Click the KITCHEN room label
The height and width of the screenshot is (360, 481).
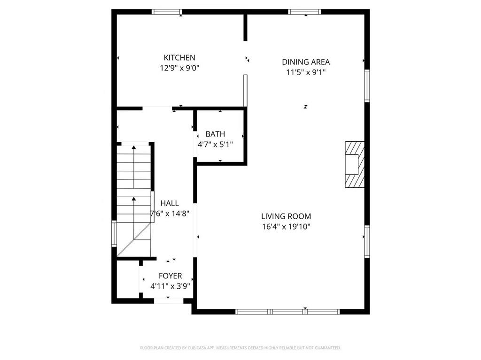coord(179,58)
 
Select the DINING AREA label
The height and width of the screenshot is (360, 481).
coord(306,62)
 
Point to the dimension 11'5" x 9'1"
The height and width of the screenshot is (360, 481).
coord(306,72)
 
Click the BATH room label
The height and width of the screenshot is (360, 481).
coord(215,134)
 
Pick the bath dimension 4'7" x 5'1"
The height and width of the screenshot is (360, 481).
coord(215,145)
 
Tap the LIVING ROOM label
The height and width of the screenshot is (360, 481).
coord(286,216)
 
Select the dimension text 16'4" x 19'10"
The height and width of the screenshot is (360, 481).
coord(286,227)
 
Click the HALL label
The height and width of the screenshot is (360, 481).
coord(170,203)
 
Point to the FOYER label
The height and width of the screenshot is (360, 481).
coord(170,276)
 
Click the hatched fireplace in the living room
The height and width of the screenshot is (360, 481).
coord(354,165)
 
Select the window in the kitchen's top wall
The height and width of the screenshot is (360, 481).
coord(167,12)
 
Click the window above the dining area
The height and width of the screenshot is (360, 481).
coord(305,12)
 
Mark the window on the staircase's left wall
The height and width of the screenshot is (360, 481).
coord(114,233)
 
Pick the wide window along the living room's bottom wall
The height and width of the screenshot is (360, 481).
coord(287,311)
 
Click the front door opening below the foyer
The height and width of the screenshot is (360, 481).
coord(169,300)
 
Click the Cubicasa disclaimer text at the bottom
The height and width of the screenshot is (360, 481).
coord(240,348)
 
